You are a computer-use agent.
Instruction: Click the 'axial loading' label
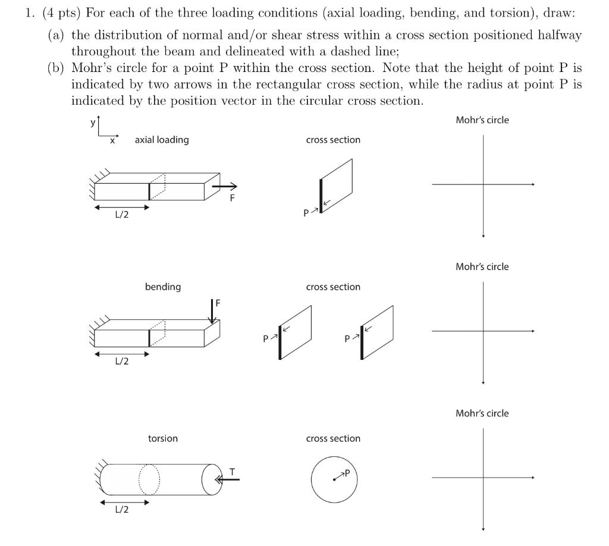162,140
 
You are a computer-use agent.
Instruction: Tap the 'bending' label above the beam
163,287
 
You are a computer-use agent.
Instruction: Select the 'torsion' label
162,438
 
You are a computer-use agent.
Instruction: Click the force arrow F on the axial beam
224,187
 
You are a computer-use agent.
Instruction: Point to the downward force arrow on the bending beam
212,310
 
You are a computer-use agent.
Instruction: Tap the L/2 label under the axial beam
121,215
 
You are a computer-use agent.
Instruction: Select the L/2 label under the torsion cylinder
121,510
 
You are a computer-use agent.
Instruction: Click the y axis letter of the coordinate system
92,122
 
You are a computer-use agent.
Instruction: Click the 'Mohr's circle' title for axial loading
482,120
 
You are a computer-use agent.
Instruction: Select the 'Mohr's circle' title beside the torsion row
482,413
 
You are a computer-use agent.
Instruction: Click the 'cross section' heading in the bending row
333,287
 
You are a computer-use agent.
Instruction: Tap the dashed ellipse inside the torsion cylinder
149,479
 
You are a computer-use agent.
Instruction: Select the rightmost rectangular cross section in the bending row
377,332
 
